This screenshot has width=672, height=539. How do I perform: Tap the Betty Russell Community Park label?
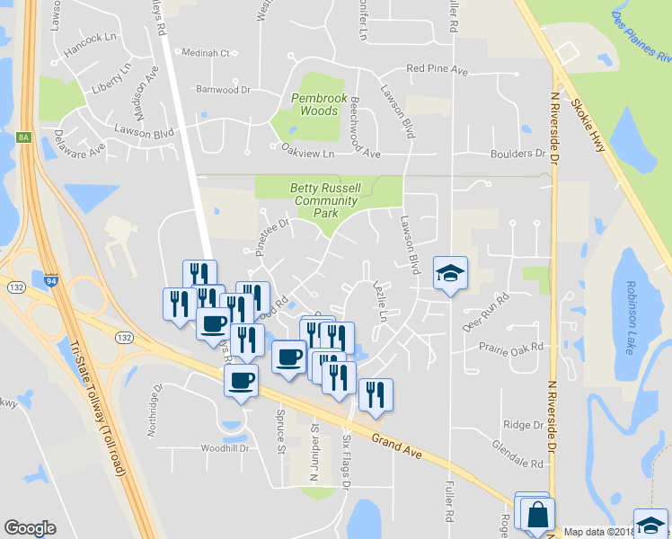[327, 201]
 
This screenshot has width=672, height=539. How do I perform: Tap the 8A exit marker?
[23, 137]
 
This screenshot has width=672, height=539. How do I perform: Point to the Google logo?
[30, 527]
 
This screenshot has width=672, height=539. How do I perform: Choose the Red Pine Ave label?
[438, 68]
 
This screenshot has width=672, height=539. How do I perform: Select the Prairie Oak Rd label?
[511, 347]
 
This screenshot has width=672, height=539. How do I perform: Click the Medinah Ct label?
[207, 53]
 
